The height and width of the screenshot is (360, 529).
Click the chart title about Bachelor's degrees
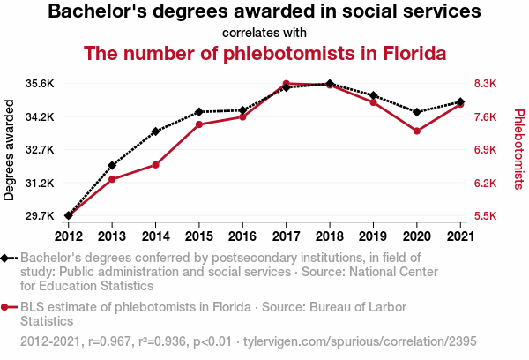click(264, 12)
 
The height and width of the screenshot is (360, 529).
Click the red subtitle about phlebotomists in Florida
click(264, 53)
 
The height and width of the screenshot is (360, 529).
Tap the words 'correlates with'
click(264, 33)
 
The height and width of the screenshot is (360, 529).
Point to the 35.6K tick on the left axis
click(41, 84)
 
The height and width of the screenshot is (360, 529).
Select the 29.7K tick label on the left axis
click(41, 216)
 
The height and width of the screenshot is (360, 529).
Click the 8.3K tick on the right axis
click(486, 84)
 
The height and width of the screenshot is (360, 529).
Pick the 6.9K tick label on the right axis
click(486, 150)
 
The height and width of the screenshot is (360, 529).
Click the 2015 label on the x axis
click(198, 236)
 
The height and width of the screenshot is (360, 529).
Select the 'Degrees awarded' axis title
click(11, 150)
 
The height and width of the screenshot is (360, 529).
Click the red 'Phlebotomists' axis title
click(518, 150)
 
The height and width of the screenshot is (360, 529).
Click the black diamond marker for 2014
click(155, 131)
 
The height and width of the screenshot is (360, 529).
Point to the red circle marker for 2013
click(112, 179)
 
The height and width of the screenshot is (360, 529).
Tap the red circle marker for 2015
click(199, 124)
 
